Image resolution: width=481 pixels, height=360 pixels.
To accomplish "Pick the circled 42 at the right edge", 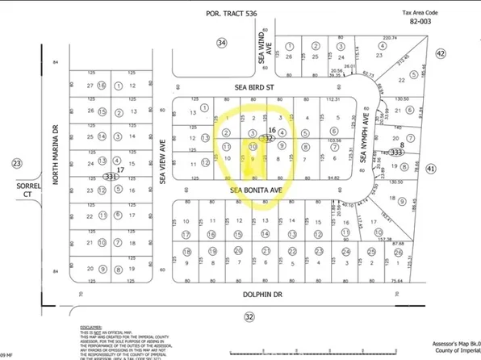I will (x=440, y=53).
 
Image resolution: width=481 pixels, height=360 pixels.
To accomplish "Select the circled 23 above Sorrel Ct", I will (x=18, y=163).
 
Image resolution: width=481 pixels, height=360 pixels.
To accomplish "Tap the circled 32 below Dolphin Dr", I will (x=249, y=316).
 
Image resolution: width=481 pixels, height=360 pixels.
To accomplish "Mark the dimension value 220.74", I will (x=391, y=37).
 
